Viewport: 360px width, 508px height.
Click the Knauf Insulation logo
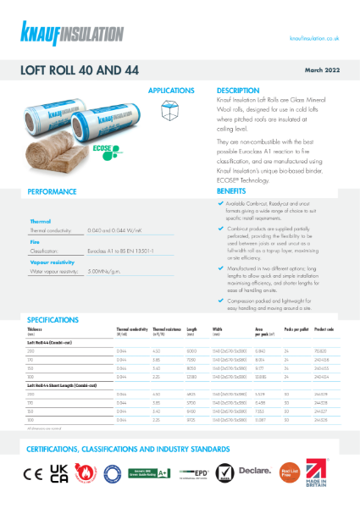(x=61, y=31)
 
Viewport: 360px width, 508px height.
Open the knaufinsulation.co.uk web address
(x=314, y=38)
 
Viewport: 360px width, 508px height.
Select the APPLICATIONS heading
(x=172, y=90)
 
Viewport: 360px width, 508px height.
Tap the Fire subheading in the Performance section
(x=36, y=241)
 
